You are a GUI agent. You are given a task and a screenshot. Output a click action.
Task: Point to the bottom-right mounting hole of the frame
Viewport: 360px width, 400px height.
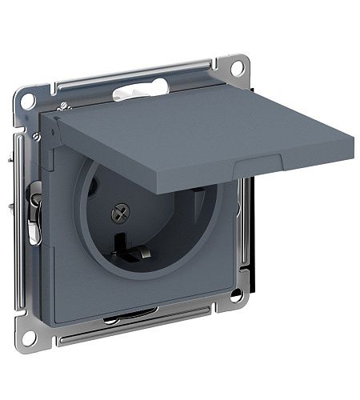tap(237, 297)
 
